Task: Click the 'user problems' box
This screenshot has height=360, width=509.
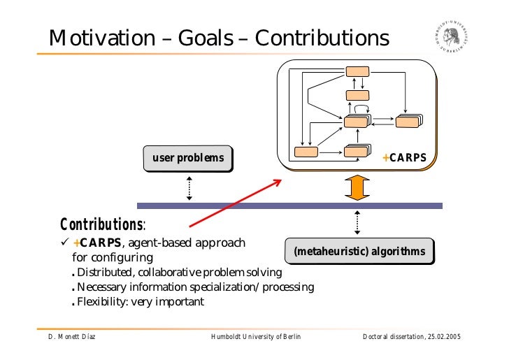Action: (x=188, y=157)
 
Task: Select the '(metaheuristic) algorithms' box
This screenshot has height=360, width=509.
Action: (x=359, y=251)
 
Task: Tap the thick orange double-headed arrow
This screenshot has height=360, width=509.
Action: (x=357, y=187)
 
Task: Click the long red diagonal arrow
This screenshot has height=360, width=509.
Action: (x=235, y=203)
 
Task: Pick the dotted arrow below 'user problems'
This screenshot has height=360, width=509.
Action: (x=189, y=187)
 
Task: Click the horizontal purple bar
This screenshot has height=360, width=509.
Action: (x=289, y=206)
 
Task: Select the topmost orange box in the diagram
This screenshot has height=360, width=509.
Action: (x=357, y=71)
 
